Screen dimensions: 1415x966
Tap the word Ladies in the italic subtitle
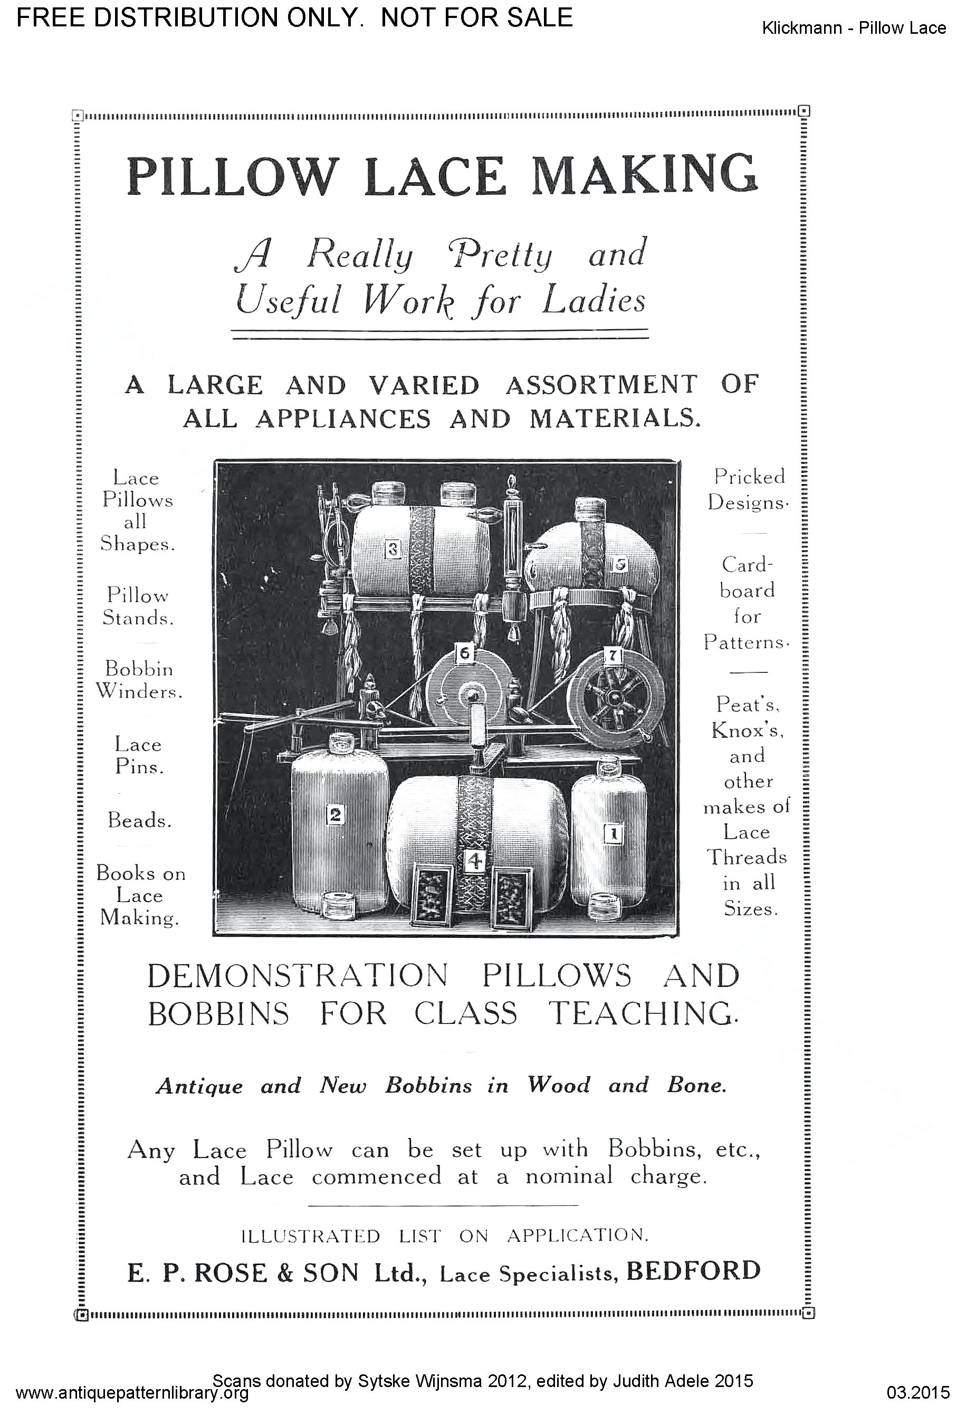tap(594, 301)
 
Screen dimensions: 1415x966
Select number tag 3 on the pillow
tap(393, 550)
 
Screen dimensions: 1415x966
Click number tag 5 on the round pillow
tap(620, 564)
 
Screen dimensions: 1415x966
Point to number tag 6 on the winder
tap(464, 653)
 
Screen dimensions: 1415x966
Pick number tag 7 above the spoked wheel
tap(613, 656)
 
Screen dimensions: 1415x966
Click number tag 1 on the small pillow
tap(614, 833)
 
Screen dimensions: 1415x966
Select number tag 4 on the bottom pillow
tap(474, 860)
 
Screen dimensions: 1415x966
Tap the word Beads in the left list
tap(139, 820)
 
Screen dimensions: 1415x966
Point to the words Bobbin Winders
tap(139, 680)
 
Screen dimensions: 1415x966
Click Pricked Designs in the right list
tap(749, 490)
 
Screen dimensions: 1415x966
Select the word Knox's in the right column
tap(748, 730)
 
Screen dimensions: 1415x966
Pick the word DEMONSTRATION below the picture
tap(298, 976)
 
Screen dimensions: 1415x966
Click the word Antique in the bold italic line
tap(199, 1086)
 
